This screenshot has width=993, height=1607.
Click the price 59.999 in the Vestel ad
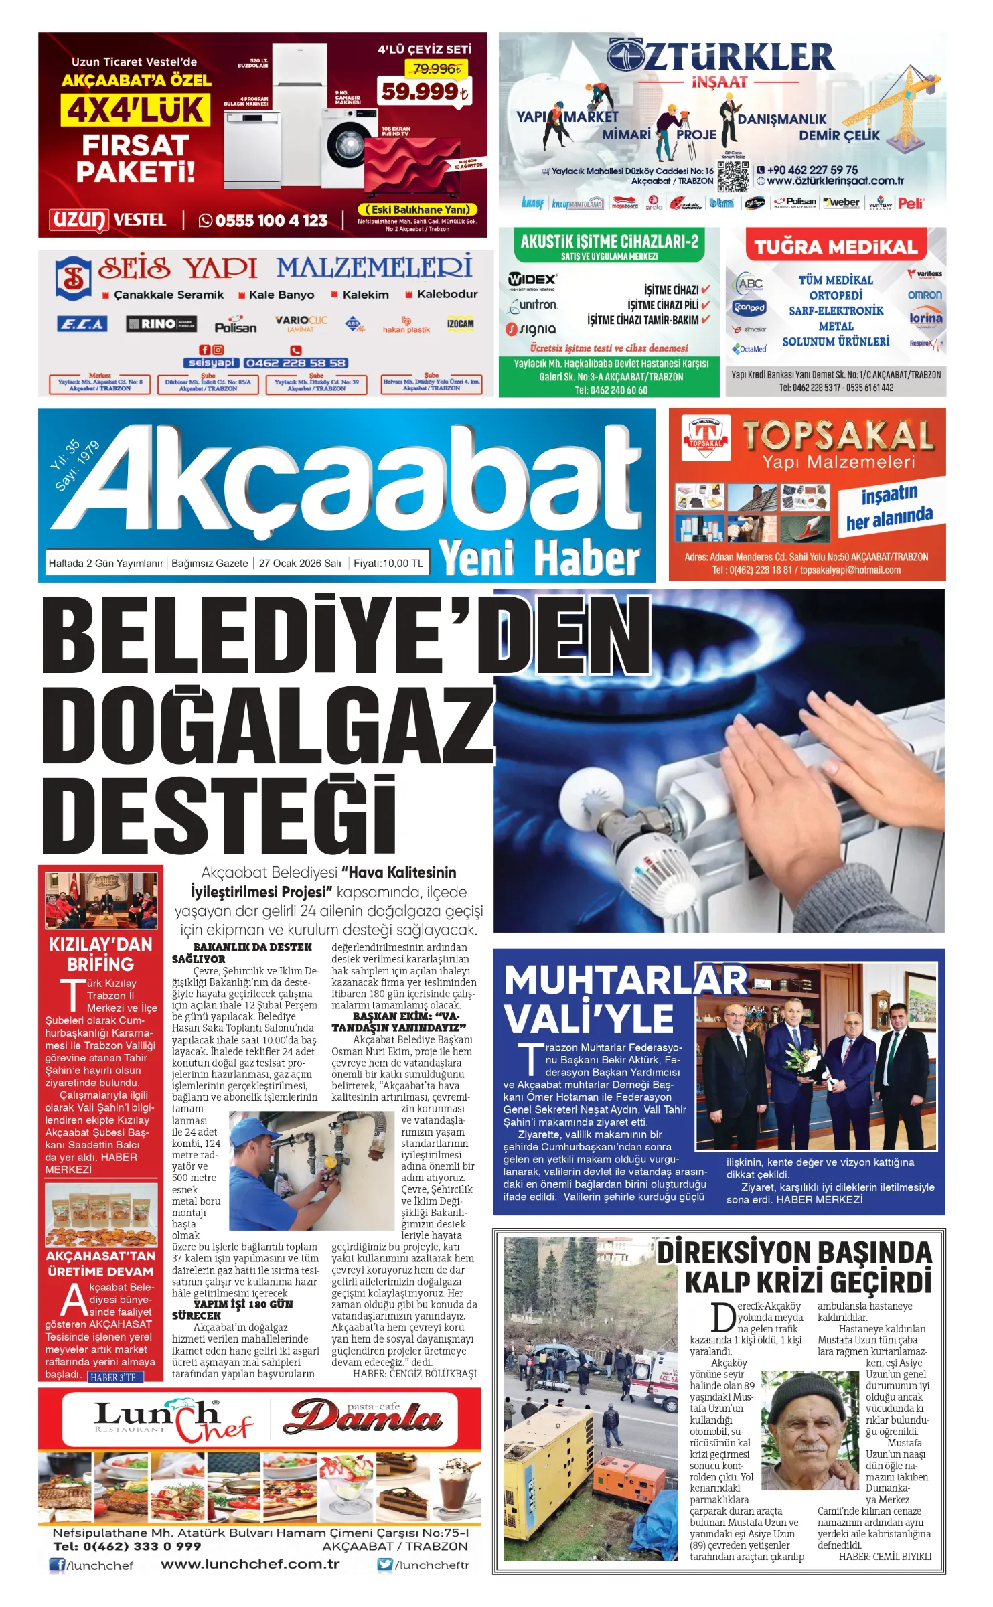coord(423,92)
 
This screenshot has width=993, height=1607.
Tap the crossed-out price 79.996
coord(437,68)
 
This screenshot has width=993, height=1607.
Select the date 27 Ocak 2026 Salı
coord(300,563)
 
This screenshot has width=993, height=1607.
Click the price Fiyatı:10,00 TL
coord(388,563)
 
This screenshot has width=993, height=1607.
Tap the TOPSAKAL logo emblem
coord(705,439)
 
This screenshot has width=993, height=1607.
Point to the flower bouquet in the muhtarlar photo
coord(802,1064)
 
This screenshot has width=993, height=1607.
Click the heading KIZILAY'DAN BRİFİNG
coord(100,954)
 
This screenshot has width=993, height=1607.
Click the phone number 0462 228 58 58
coord(295,363)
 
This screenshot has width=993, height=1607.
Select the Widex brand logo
coord(532,279)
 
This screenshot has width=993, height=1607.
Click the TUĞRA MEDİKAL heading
coord(836,247)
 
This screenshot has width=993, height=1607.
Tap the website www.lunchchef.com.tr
coord(250,1564)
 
